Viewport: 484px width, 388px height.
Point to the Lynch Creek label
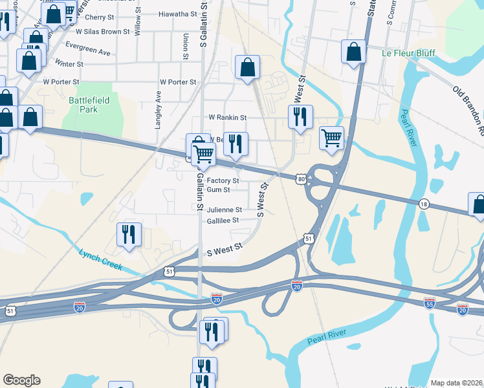[100, 259]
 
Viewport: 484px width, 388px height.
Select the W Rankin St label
[227, 118]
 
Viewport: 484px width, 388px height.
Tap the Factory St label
[223, 180]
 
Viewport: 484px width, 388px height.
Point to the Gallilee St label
[223, 220]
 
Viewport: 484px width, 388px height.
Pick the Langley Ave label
[158, 109]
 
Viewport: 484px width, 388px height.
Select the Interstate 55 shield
[429, 302]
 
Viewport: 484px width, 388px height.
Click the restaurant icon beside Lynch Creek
[128, 234]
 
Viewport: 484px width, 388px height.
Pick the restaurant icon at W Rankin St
[300, 117]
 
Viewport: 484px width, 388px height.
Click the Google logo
[21, 380]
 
